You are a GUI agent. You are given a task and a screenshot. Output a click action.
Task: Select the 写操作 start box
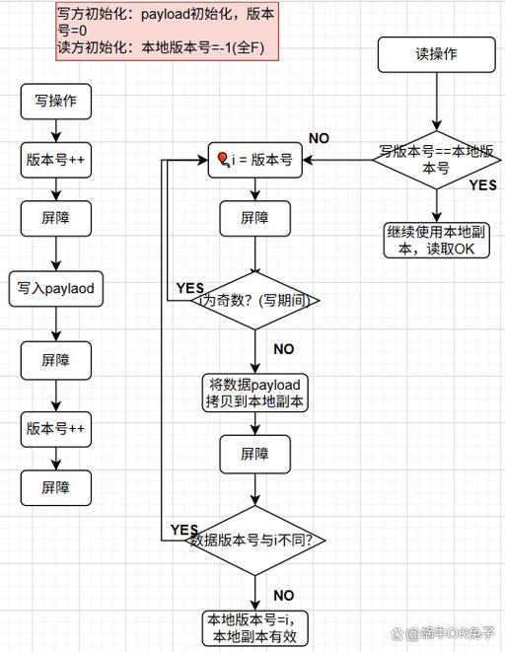[57, 101]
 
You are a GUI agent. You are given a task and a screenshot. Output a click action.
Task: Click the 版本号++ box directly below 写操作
[57, 159]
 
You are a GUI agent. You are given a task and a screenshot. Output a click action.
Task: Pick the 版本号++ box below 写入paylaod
[57, 429]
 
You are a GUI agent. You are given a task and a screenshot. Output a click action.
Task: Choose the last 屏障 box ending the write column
[57, 487]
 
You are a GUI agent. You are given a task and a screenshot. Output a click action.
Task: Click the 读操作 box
[436, 55]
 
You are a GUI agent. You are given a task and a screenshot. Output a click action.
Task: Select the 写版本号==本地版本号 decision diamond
[435, 160]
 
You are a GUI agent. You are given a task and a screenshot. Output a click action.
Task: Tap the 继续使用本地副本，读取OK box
[436, 239]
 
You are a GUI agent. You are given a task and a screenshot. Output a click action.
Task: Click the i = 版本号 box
[254, 160]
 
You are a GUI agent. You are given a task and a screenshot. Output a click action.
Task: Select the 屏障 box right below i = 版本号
[254, 218]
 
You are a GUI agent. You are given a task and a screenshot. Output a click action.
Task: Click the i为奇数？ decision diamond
[254, 301]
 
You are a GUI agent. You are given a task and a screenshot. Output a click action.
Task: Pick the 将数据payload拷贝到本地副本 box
[254, 392]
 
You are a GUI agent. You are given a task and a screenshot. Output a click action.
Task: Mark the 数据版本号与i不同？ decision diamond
[254, 541]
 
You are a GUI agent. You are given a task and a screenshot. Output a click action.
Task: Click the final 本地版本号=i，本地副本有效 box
[254, 627]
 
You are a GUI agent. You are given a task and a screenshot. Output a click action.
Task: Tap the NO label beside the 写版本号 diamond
[320, 138]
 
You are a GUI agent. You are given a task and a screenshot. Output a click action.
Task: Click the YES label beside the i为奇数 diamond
[189, 288]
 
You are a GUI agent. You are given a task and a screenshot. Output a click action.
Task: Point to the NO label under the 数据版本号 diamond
[283, 596]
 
